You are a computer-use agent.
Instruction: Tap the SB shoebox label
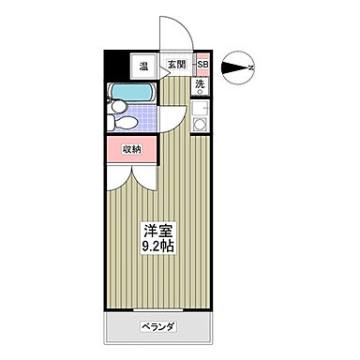tap(202, 66)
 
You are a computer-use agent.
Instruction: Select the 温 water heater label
tap(143, 66)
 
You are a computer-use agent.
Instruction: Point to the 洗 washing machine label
tap(200, 85)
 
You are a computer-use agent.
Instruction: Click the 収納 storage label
tap(131, 149)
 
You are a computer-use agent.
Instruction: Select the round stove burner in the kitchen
tap(200, 107)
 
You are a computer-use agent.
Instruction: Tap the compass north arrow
tap(239, 67)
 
